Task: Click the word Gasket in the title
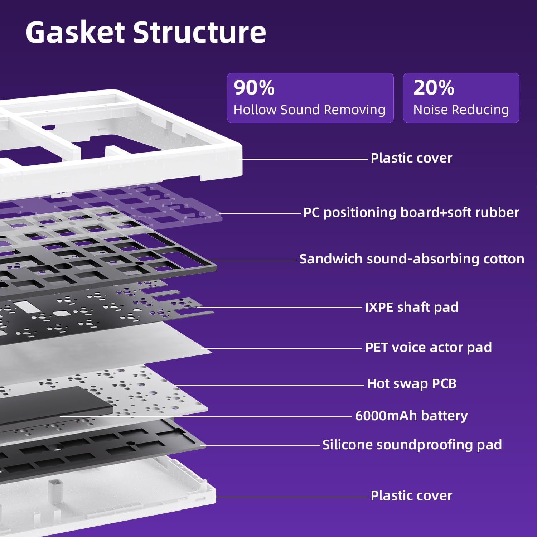pos(76,32)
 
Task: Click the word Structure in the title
pos(200,32)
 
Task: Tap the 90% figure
pos(254,87)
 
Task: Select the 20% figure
pos(434,87)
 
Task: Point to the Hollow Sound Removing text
pos(310,110)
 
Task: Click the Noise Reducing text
pos(461,110)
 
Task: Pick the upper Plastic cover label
pos(411,158)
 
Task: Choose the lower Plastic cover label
pos(411,495)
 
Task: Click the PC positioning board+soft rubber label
pos(411,212)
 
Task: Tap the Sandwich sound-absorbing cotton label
pos(412,259)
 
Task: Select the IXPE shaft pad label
pos(412,307)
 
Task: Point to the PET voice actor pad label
pos(429,347)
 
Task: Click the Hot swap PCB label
pos(412,383)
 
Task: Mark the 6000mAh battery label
pos(411,416)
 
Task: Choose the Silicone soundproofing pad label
pos(412,445)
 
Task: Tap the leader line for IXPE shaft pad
pos(279,307)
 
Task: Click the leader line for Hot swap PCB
pos(269,385)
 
